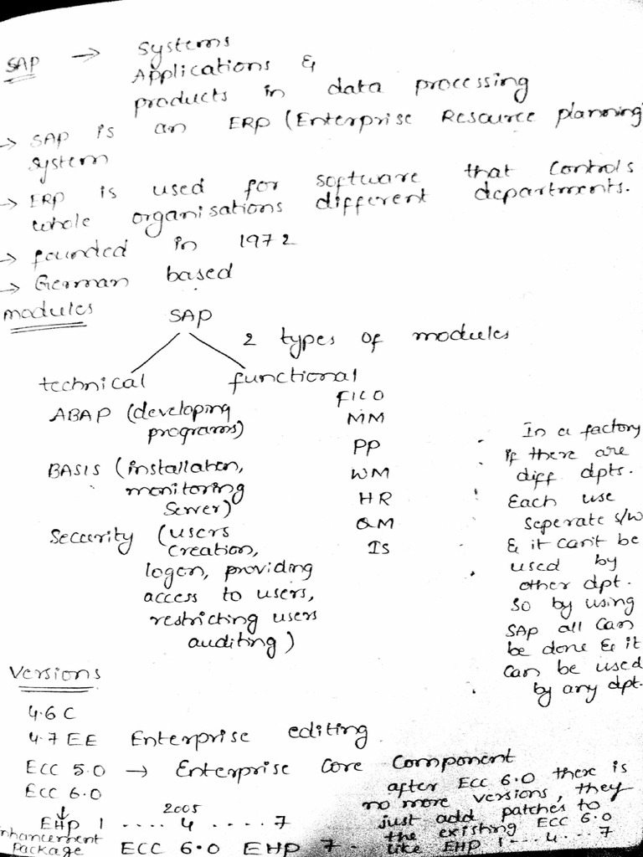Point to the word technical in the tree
tap(92, 383)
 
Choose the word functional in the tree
tap(293, 377)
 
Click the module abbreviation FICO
tap(360, 395)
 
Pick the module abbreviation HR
tap(369, 499)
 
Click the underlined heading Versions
tap(54, 674)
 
